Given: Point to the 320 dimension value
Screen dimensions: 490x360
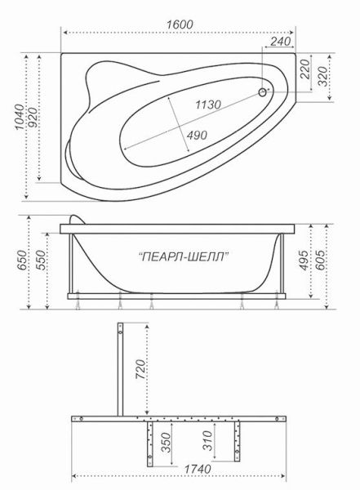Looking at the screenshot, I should (325, 77).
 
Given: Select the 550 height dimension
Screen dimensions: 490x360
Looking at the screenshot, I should (33, 265).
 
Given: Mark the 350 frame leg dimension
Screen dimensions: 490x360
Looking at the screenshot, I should (167, 444).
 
